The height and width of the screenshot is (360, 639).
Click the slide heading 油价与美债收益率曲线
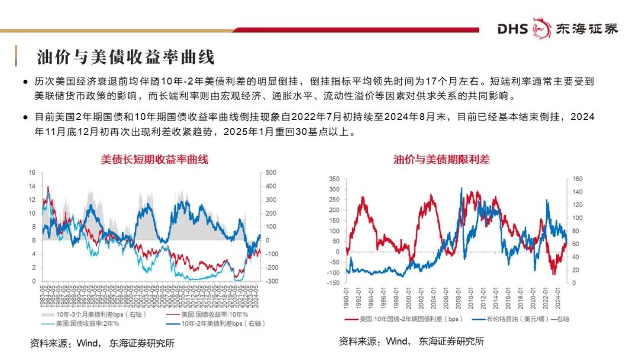click(x=125, y=57)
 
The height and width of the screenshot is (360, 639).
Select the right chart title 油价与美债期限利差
click(x=442, y=159)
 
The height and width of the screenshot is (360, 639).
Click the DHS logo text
click(x=512, y=28)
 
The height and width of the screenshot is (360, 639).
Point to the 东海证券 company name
click(x=586, y=28)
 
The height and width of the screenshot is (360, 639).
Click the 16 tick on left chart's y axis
click(x=33, y=172)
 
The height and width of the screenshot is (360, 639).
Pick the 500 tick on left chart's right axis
click(x=272, y=172)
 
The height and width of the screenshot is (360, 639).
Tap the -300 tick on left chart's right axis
click(x=273, y=281)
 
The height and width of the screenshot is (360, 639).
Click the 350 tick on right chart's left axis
click(x=334, y=178)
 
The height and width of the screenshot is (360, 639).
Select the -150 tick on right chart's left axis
click(x=333, y=283)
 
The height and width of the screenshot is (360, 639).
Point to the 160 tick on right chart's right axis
click(x=578, y=178)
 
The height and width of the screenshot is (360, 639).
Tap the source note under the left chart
click(x=103, y=343)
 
